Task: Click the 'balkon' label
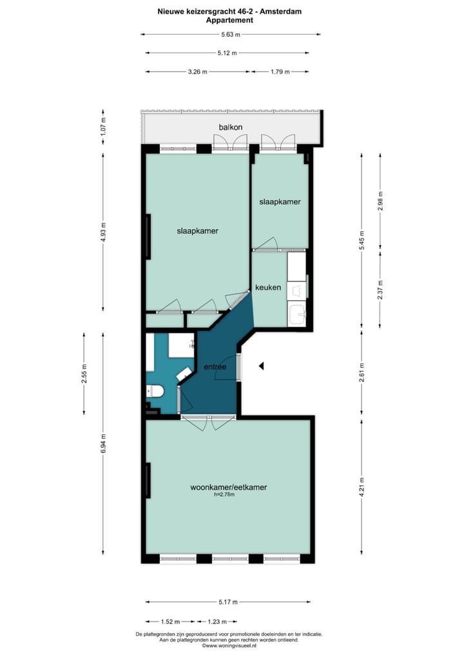coord(230,127)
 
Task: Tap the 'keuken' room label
coord(268,287)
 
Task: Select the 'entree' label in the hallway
coord(215,367)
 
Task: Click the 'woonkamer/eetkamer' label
coord(229,487)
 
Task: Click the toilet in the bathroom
coord(155,390)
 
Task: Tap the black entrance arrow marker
coord(261,366)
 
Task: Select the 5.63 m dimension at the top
coord(231,35)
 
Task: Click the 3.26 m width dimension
coord(197,72)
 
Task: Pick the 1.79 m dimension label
coord(279,72)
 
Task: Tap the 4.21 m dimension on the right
coord(361,484)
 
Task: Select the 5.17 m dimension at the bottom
coord(228,602)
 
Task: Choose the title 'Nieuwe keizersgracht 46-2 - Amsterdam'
coord(229,11)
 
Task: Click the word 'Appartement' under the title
coord(229,20)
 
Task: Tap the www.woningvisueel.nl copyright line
coord(229,645)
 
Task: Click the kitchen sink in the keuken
coord(298,314)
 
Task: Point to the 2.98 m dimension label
coord(381,201)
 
